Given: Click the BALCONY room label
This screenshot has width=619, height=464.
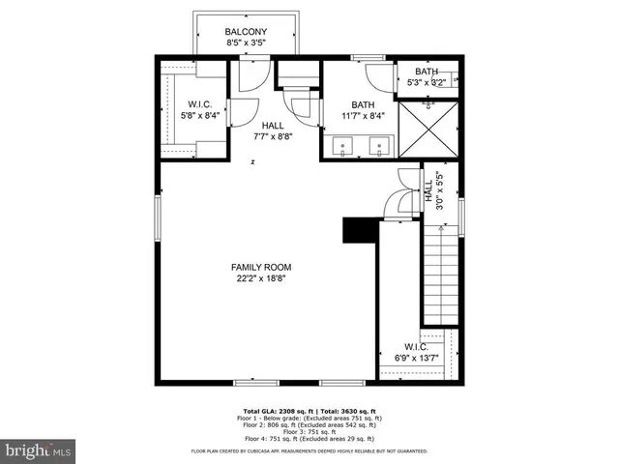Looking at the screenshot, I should click(x=246, y=32).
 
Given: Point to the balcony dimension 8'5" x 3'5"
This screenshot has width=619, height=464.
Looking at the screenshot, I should click(x=246, y=43).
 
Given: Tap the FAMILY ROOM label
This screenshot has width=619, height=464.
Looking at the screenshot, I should click(x=261, y=267).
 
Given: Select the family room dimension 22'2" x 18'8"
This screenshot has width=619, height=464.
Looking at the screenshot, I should click(x=261, y=278).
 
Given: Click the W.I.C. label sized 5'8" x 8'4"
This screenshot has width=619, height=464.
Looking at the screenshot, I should click(x=199, y=104).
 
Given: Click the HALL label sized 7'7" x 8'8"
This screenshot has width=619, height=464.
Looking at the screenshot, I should click(x=274, y=126).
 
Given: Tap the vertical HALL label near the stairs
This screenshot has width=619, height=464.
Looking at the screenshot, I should click(x=427, y=189).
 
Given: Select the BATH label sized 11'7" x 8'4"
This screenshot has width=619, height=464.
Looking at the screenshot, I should click(x=363, y=105).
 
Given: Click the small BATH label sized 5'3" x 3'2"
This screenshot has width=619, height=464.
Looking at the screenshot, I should click(x=427, y=72).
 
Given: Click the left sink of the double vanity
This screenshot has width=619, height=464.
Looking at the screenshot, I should click(x=344, y=148).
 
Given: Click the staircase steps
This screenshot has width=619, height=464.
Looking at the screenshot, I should click(x=440, y=275).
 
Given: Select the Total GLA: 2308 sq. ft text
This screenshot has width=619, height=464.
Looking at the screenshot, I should click(x=274, y=410).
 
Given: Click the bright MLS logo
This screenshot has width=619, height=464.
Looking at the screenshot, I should click(x=38, y=450).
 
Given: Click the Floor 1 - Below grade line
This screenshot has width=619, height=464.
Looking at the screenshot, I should click(x=309, y=417).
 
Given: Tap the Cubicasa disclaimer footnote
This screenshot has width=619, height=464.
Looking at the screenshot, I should click(x=309, y=450).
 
